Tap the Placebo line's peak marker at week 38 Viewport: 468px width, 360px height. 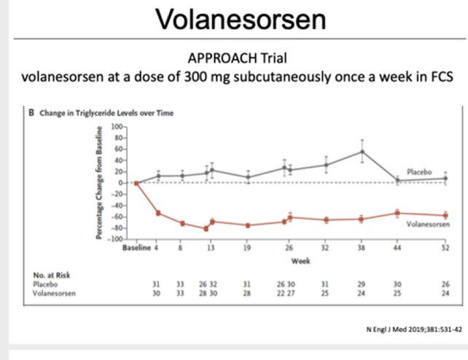(x=362, y=152)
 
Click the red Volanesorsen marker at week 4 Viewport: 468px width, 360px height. (x=158, y=214)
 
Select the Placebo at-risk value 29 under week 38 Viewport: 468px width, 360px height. (x=362, y=284)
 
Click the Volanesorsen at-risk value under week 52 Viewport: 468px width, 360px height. (x=445, y=292)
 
